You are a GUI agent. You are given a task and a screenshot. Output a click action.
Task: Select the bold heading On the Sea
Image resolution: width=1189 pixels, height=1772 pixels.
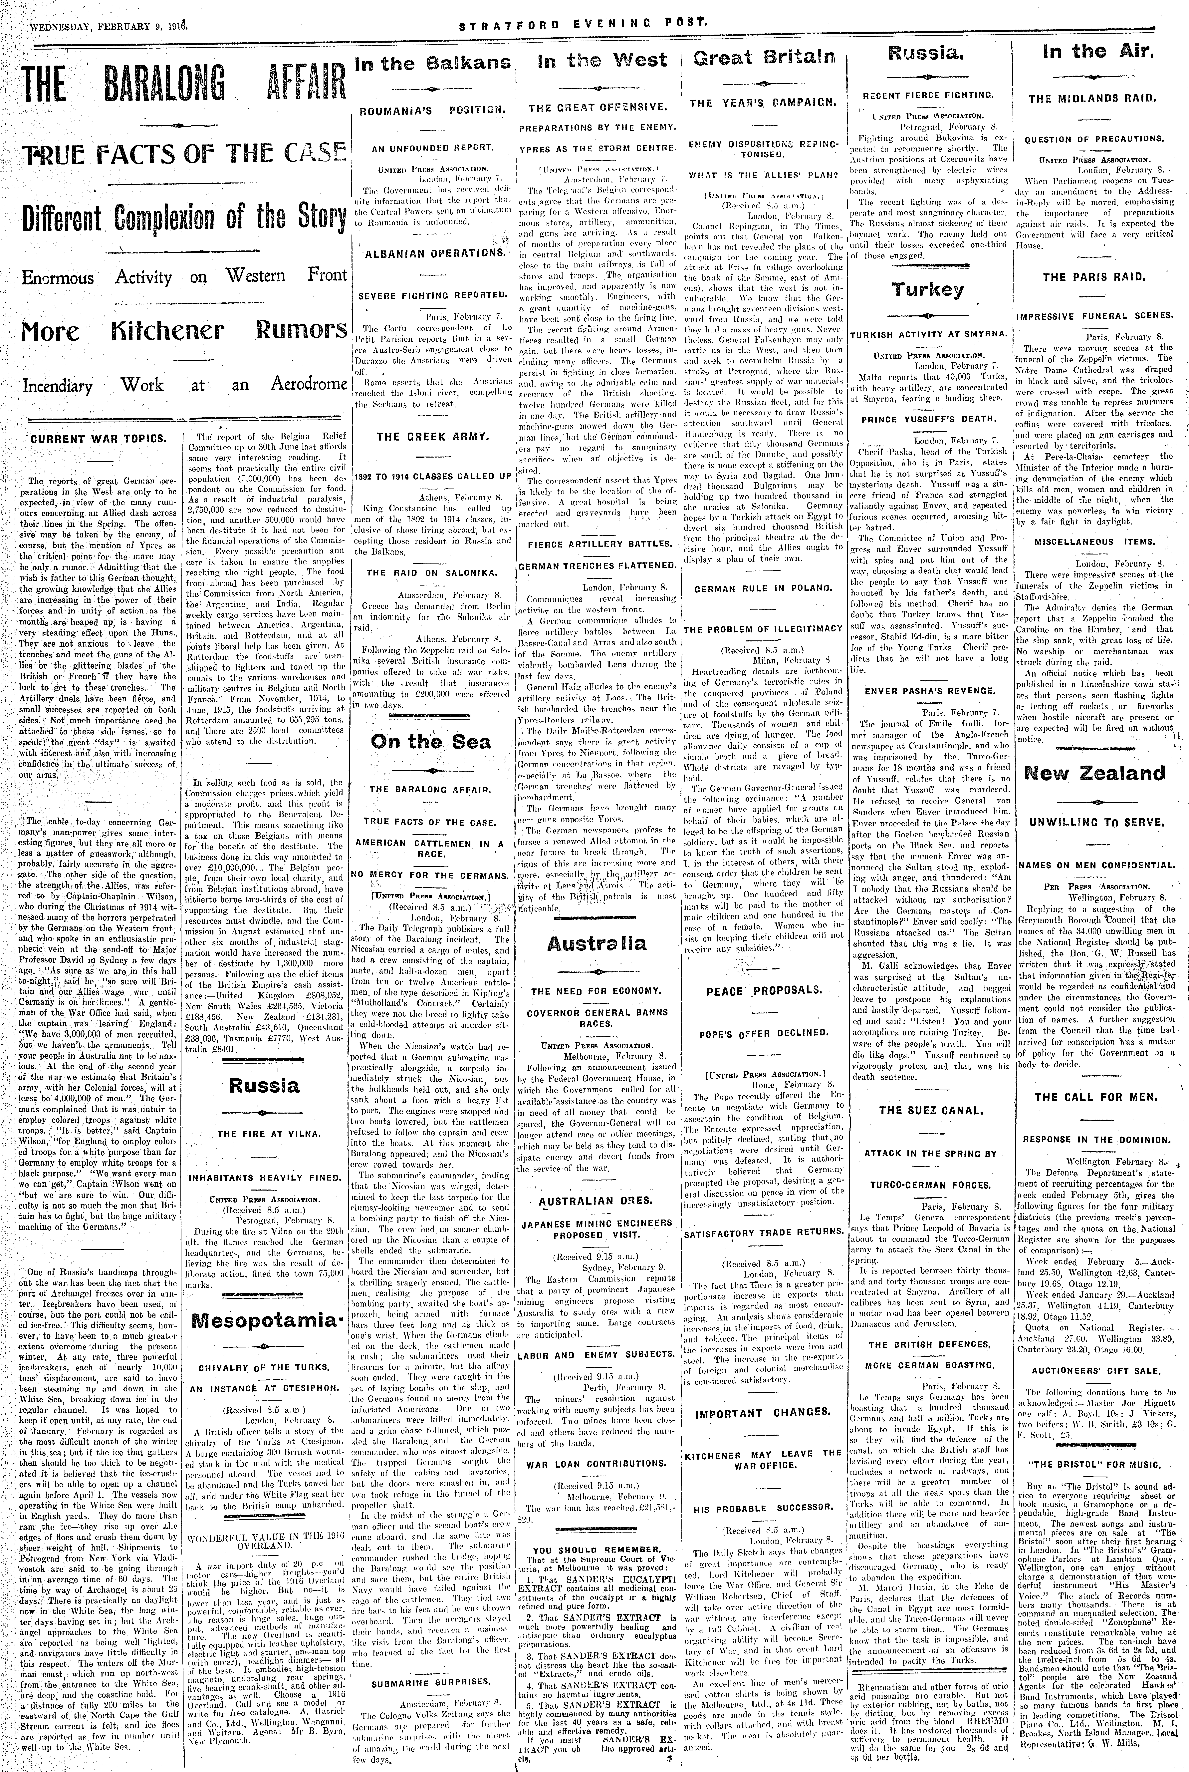coord(431,742)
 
